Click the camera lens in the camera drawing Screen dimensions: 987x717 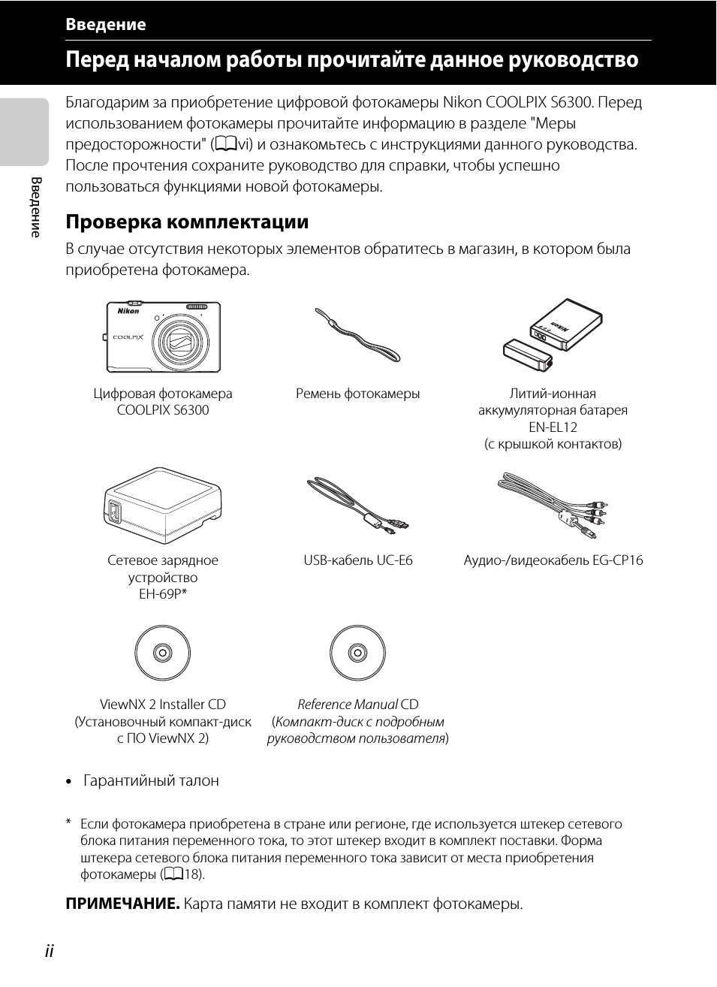coord(180,343)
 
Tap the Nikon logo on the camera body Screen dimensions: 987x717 coord(128,311)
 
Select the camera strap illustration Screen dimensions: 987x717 coord(357,335)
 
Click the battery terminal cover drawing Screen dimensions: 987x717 coord(527,355)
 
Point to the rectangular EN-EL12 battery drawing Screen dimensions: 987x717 coord(565,324)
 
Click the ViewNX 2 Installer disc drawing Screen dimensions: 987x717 coord(163,652)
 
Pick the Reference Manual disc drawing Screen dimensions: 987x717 coord(357,652)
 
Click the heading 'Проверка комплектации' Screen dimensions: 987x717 coord(187,222)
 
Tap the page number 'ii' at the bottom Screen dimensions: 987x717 coord(49,951)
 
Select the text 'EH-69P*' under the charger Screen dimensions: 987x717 coord(163,594)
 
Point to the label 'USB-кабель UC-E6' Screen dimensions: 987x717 coord(358,560)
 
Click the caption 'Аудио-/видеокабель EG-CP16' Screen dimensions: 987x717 coord(553,560)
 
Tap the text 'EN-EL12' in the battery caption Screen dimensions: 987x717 coord(553,427)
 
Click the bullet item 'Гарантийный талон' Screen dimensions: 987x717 coord(151,781)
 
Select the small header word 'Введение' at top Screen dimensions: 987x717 coord(105,25)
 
